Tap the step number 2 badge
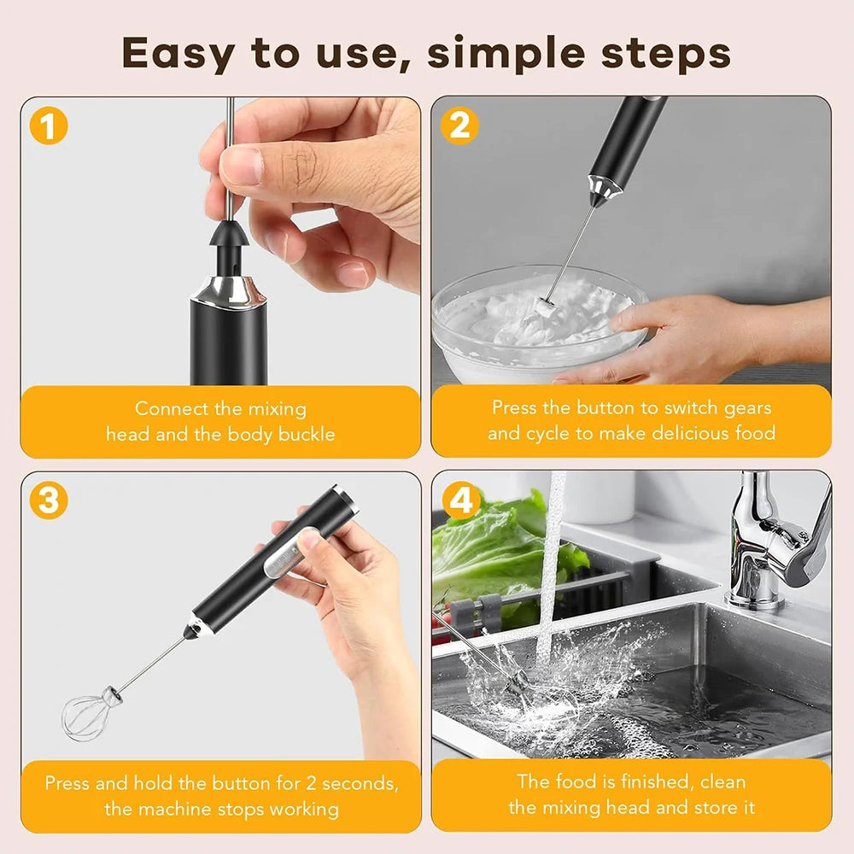pyautogui.click(x=459, y=126)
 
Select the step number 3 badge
pyautogui.click(x=49, y=501)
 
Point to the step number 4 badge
pyautogui.click(x=459, y=501)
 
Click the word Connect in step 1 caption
pyautogui.click(x=171, y=409)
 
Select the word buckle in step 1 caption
pyautogui.click(x=304, y=434)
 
